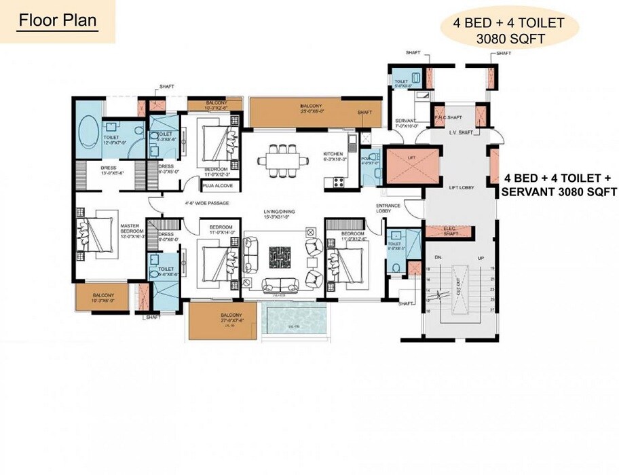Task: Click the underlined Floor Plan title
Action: tap(58, 20)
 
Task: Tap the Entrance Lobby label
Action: tap(388, 209)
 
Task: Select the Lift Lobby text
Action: tap(461, 187)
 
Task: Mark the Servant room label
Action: tap(405, 121)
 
